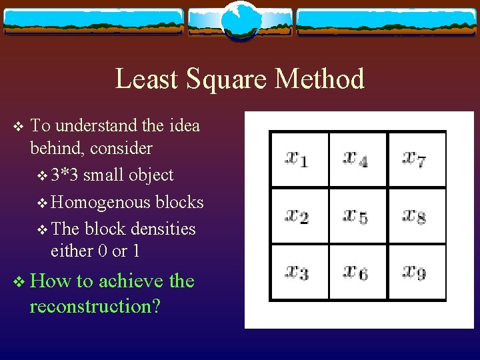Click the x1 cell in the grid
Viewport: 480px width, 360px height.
(298, 160)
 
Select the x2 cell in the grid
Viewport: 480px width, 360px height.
(298, 217)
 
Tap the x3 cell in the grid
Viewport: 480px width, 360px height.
(298, 273)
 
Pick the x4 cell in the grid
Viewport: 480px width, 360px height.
(357, 160)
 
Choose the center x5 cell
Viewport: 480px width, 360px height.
(357, 217)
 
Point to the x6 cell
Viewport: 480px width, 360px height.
(357, 273)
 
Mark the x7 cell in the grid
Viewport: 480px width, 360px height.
(416, 160)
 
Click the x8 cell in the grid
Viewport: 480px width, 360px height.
(416, 217)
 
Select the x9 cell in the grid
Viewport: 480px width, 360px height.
(416, 273)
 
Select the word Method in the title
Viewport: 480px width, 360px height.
(319, 79)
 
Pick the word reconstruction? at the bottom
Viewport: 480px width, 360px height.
(95, 307)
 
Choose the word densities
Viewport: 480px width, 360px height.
(163, 229)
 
